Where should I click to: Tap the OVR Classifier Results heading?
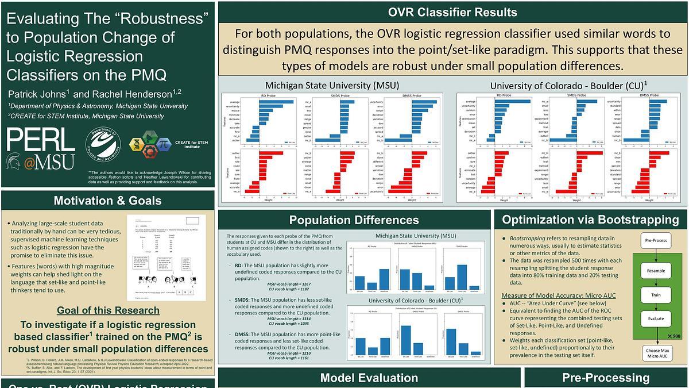click(452, 12)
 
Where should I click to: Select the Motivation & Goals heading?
click(107, 201)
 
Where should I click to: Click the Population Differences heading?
click(354, 220)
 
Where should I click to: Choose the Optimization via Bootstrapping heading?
click(590, 219)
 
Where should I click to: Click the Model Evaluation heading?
click(369, 378)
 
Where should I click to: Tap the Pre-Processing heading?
click(606, 378)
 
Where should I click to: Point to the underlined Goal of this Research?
click(108, 310)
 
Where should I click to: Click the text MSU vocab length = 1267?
click(289, 284)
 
